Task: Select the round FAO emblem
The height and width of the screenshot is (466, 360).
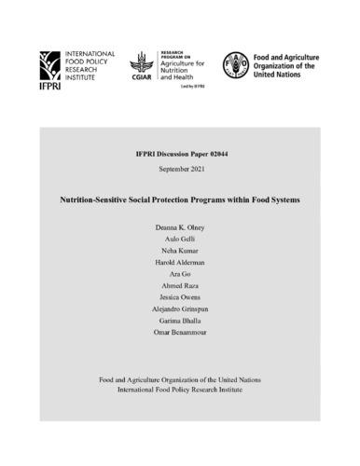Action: pos(236,63)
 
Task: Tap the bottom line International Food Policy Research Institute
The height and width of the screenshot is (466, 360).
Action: pos(180,389)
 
